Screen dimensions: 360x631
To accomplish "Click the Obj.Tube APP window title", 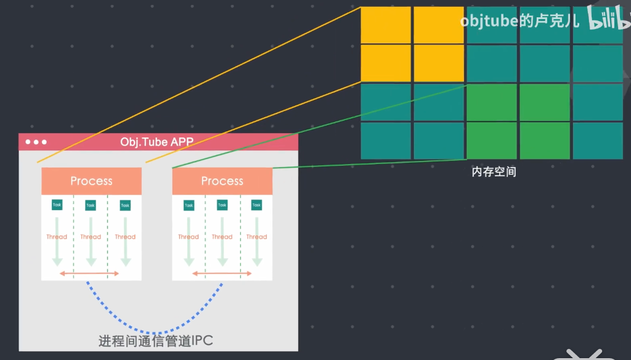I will click(157, 142).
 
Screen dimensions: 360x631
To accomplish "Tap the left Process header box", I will click(91, 181).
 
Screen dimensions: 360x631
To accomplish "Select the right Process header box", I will click(222, 181).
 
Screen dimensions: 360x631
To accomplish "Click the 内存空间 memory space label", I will click(494, 172).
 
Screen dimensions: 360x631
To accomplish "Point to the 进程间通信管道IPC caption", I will click(156, 340).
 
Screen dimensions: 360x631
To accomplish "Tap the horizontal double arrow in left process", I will click(89, 273).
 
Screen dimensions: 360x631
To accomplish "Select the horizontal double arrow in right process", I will click(222, 273).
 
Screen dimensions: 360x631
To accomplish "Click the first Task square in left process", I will click(57, 205).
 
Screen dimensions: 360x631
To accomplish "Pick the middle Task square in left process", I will click(91, 205).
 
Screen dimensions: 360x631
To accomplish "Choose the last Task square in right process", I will click(256, 205).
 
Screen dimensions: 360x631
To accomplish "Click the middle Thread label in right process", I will click(222, 237).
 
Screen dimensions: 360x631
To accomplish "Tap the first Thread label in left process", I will click(57, 237).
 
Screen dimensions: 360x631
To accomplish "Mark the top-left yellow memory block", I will click(385, 25).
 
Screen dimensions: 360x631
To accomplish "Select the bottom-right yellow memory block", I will click(438, 63).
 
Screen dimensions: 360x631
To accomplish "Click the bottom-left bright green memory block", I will click(491, 141).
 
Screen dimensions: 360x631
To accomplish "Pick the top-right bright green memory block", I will click(544, 102).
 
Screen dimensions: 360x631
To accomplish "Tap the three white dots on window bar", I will click(36, 142).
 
